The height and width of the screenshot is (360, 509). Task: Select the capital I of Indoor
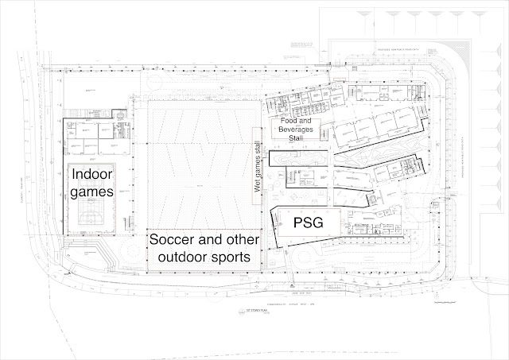(x=75, y=175)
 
